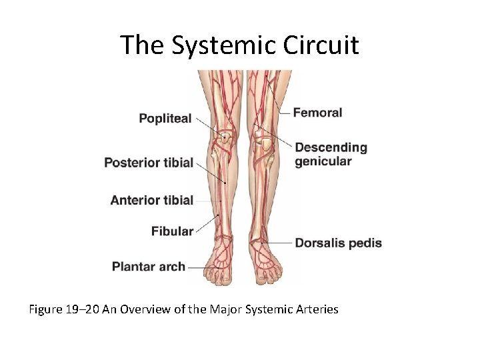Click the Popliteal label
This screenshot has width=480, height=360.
(165, 119)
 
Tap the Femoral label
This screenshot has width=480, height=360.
(317, 113)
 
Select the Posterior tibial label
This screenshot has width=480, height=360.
(149, 163)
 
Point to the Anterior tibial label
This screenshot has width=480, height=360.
(151, 200)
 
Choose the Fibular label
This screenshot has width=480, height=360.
(172, 231)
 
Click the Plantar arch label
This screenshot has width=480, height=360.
(149, 267)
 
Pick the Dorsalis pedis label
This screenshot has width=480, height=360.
(338, 243)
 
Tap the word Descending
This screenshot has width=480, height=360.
(331, 147)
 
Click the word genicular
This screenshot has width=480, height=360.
(323, 161)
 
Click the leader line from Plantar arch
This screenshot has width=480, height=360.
(198, 267)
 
